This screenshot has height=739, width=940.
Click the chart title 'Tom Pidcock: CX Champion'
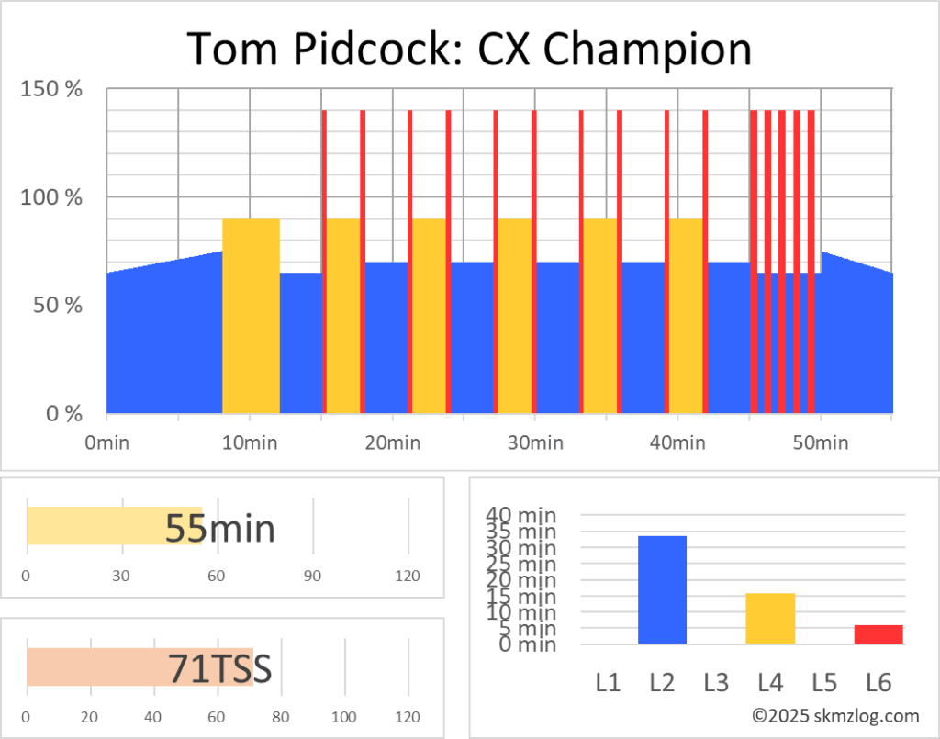pyautogui.click(x=469, y=48)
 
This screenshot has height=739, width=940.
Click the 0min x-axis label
pyautogui.click(x=106, y=443)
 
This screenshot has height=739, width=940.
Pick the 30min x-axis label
pyautogui.click(x=535, y=443)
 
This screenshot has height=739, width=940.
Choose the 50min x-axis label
pyautogui.click(x=820, y=443)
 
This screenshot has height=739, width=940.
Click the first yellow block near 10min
pyautogui.click(x=251, y=316)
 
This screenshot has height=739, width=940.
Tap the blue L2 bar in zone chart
pyautogui.click(x=662, y=589)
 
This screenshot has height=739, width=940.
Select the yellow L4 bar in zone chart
pyautogui.click(x=770, y=618)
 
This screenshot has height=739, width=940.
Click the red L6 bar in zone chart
pyautogui.click(x=878, y=633)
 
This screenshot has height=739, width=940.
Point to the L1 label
pyautogui.click(x=608, y=683)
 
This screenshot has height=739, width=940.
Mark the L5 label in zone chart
pyautogui.click(x=824, y=683)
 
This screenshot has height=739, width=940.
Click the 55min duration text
pyautogui.click(x=220, y=528)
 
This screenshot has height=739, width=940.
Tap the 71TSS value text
pyautogui.click(x=220, y=668)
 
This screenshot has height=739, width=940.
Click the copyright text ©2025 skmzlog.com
pyautogui.click(x=835, y=715)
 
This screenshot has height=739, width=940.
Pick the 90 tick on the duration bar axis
pyautogui.click(x=312, y=576)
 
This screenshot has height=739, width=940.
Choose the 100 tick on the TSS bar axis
pyautogui.click(x=345, y=717)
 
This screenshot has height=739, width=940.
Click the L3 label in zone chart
pyautogui.click(x=716, y=683)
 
